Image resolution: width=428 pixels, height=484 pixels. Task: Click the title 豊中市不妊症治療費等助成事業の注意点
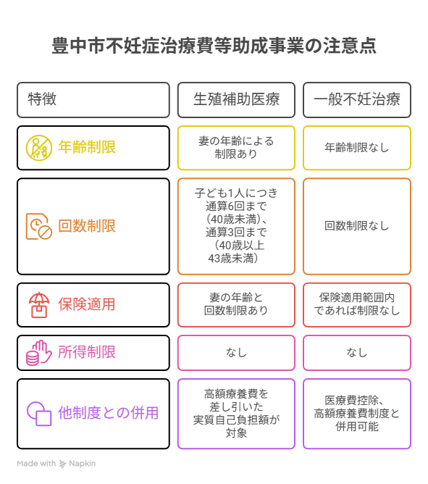(x=214, y=46)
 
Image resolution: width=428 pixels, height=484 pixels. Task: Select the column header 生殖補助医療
(x=236, y=99)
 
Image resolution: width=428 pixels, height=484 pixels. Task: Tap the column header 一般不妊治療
(x=357, y=99)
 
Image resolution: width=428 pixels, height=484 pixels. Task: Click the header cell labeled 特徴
(x=42, y=99)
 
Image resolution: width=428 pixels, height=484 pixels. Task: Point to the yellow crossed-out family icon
(x=39, y=148)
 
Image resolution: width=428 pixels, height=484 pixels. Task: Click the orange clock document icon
(x=39, y=226)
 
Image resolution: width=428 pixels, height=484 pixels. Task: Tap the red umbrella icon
(x=39, y=305)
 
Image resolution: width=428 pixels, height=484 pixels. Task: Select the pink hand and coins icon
(x=39, y=353)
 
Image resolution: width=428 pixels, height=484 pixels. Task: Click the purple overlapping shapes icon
(x=39, y=414)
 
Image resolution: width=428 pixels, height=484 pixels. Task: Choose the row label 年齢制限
(x=87, y=147)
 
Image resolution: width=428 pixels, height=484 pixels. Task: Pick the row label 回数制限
(x=87, y=226)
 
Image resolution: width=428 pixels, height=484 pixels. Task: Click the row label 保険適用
(x=87, y=304)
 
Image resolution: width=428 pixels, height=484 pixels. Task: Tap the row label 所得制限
(x=87, y=352)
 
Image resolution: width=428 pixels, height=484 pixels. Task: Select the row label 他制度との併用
(x=109, y=413)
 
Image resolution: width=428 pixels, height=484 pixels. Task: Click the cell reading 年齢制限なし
(x=357, y=148)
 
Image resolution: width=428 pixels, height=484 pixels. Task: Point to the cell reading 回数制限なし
(x=357, y=226)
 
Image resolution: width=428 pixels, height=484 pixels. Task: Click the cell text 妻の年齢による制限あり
(x=236, y=147)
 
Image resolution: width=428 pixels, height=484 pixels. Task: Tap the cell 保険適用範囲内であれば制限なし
(x=357, y=304)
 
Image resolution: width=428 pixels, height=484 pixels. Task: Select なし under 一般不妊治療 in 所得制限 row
(x=357, y=353)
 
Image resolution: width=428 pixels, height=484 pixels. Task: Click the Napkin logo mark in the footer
(x=62, y=464)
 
